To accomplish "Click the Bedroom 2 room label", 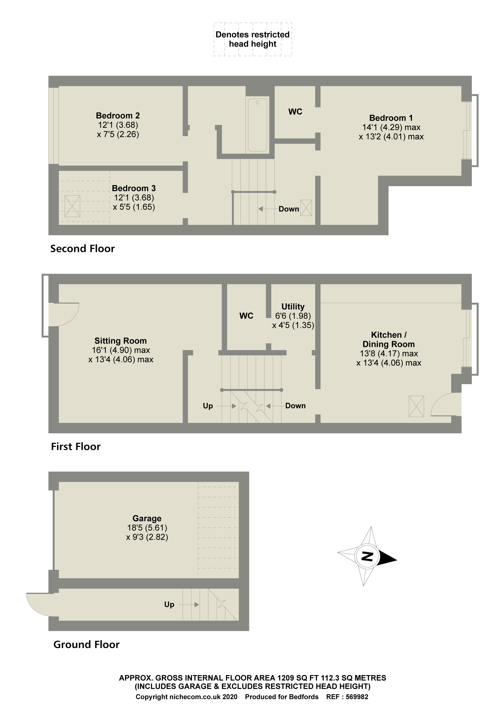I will click(118, 116).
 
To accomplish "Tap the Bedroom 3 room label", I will click(134, 188).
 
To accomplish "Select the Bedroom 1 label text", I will click(391, 118).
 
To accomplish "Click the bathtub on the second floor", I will click(257, 125).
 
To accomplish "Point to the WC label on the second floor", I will click(295, 112).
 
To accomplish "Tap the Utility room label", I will click(293, 307).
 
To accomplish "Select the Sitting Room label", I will click(120, 341).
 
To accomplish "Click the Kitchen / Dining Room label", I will click(389, 339).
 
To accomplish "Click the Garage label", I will click(147, 518).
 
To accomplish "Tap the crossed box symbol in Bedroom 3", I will click(72, 206).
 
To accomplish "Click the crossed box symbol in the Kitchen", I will click(416, 406).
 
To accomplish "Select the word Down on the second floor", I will click(288, 209).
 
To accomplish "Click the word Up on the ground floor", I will click(169, 604).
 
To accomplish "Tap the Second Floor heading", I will click(82, 249).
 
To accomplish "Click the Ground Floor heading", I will click(87, 645).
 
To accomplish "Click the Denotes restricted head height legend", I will click(253, 39).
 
